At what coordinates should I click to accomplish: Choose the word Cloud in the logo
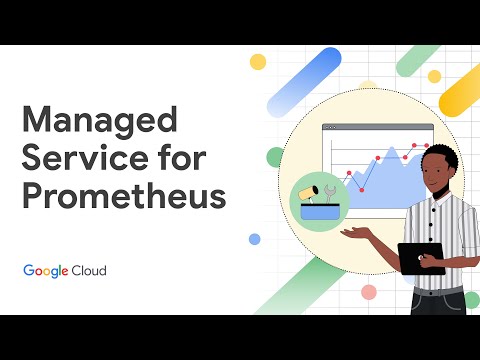click(x=88, y=271)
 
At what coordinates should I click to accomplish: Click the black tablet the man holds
click(x=420, y=258)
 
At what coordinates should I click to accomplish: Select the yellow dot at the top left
click(x=257, y=62)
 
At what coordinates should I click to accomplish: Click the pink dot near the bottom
click(x=369, y=292)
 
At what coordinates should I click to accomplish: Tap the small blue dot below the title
click(x=254, y=239)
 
